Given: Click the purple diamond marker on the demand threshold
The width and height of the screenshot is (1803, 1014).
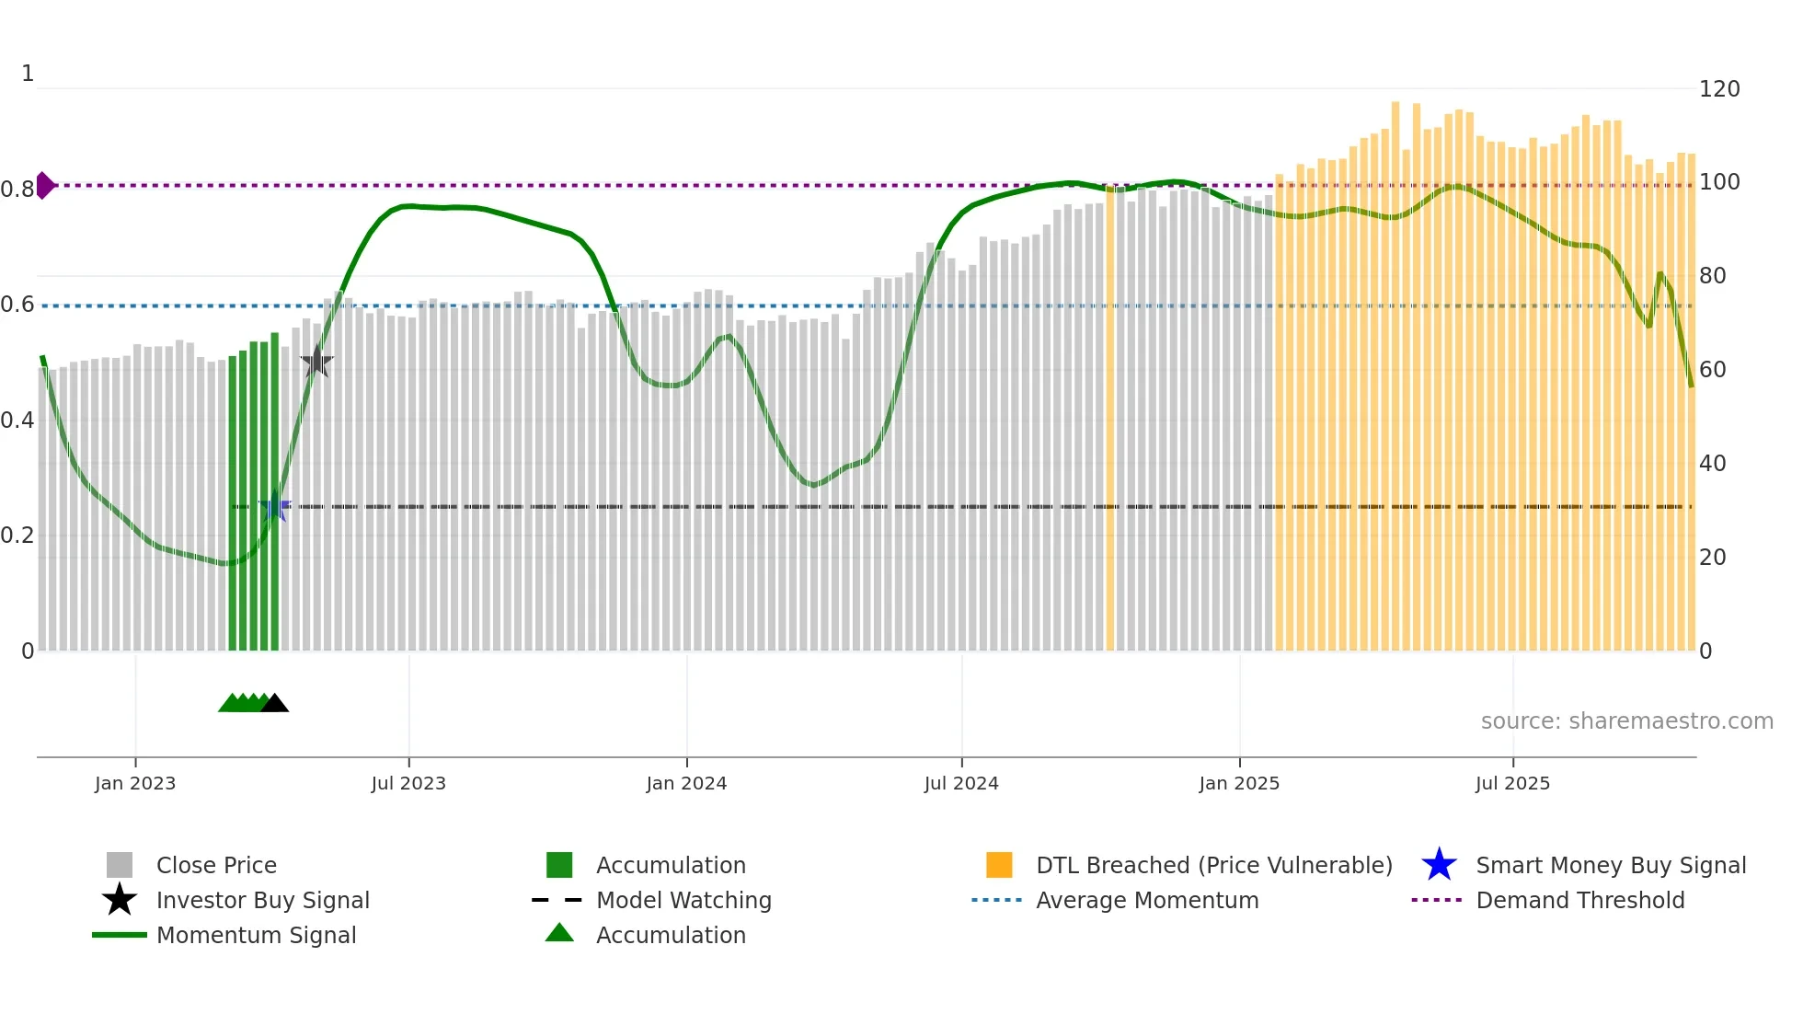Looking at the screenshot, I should [45, 185].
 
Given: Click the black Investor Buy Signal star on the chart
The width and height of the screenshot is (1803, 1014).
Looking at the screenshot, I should [316, 362].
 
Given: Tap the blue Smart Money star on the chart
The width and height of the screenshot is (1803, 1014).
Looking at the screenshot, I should [275, 506].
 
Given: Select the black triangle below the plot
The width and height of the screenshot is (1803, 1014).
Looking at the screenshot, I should [274, 704].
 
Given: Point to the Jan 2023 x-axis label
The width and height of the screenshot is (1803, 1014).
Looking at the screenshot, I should [135, 783].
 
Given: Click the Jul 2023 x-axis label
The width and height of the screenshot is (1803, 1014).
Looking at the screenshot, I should [408, 783].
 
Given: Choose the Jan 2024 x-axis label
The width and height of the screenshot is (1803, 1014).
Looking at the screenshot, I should [686, 783].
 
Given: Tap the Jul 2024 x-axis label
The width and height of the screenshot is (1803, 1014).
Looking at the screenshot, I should [961, 783].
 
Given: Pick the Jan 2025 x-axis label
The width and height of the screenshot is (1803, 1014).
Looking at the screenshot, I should [1239, 783].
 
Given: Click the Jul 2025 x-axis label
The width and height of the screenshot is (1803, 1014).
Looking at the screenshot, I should [1513, 783].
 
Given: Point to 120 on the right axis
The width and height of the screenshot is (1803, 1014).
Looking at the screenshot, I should [1719, 89].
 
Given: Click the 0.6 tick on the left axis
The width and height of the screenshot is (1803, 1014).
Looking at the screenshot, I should [17, 305].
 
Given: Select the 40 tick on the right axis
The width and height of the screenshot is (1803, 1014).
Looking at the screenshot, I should [1712, 464].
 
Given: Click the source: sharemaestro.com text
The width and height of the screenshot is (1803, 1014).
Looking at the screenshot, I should [1626, 721].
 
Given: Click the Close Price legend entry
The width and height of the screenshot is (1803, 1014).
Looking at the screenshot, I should [216, 865].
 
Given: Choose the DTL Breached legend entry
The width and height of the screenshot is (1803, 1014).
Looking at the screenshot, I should [1213, 865].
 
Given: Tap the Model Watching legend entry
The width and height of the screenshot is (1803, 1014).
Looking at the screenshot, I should [683, 900].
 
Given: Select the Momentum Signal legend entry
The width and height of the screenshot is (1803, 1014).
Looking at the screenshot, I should [256, 935].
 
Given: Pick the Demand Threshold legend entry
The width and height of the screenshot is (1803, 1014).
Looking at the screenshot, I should [1579, 900].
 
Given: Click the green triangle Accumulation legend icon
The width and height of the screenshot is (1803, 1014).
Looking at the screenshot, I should [559, 933].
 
